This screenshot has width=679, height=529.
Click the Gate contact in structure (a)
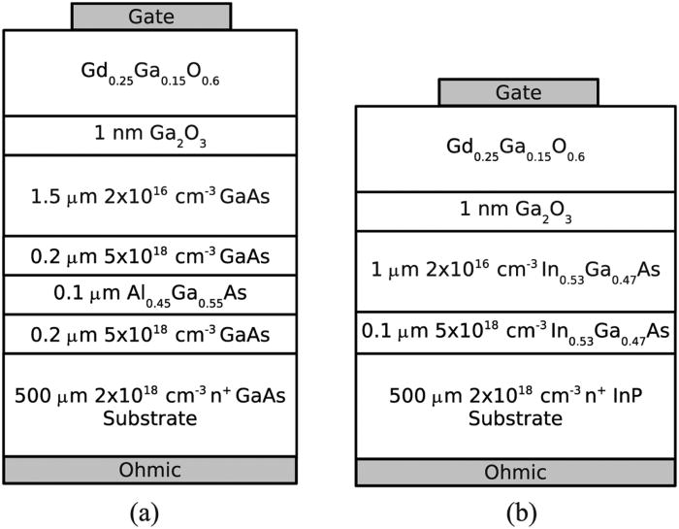pos(151,16)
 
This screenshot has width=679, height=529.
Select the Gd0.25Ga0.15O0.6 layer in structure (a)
pos(150,73)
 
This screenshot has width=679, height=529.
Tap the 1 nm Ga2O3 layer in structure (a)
pos(150,136)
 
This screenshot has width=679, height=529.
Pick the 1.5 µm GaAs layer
pos(150,196)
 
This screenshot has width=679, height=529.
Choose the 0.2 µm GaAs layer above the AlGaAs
pos(150,256)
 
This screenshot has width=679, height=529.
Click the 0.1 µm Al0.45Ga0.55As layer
pos(150,295)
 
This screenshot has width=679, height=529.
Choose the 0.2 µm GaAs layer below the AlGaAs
pos(150,334)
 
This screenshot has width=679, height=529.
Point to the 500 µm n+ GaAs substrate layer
pos(150,405)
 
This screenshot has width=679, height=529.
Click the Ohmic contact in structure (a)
pos(150,470)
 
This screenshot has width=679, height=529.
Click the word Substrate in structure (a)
pos(150,418)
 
